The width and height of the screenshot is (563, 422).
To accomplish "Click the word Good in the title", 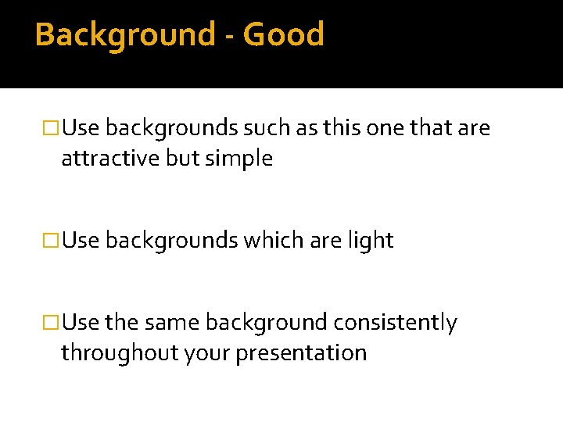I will pyautogui.click(x=284, y=35).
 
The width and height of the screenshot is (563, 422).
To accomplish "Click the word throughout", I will pyautogui.click(x=120, y=353).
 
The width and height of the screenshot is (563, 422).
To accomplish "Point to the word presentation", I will pyautogui.click(x=301, y=353).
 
